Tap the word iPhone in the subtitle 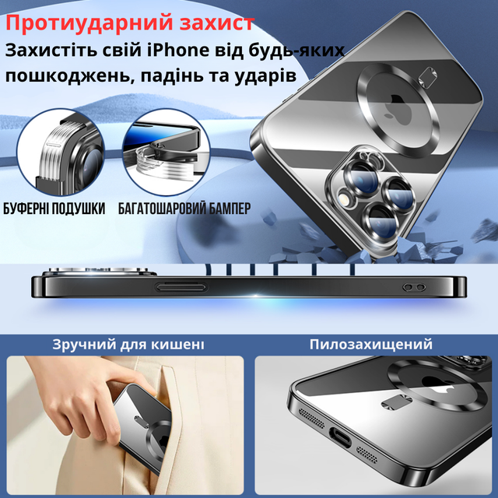(x=178, y=51)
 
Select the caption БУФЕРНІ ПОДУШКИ (x=54, y=209)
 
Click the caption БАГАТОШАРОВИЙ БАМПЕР (x=184, y=209)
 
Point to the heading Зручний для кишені (x=128, y=345)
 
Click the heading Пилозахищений (x=371, y=344)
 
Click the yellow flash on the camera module (x=344, y=199)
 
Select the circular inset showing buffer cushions (x=61, y=153)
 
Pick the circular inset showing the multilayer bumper (x=167, y=153)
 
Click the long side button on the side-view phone (x=181, y=287)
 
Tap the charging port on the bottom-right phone (x=340, y=437)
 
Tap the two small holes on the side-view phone (x=414, y=287)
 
